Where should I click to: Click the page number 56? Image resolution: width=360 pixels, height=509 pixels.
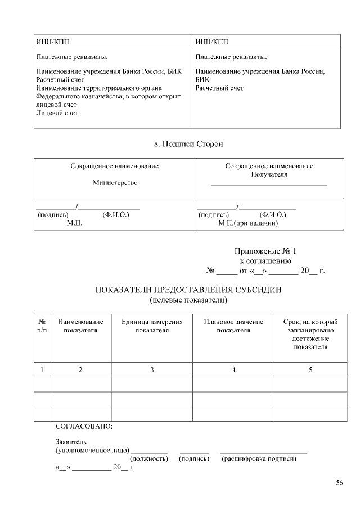[x=339, y=483]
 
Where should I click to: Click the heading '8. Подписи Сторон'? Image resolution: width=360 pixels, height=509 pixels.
[x=188, y=144]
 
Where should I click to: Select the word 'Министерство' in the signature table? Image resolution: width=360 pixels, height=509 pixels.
[x=115, y=183]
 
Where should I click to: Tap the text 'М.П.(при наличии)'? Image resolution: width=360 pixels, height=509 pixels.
[x=248, y=223]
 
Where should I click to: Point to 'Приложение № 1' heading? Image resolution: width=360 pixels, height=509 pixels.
[x=264, y=251]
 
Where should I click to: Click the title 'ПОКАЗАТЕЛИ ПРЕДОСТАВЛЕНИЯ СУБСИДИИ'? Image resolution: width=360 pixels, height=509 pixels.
[x=188, y=290]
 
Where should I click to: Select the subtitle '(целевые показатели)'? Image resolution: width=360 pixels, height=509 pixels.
[x=188, y=300]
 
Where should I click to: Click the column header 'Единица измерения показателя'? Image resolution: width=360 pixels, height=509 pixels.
[x=152, y=326]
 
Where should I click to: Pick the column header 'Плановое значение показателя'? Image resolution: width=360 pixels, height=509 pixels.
[x=233, y=326]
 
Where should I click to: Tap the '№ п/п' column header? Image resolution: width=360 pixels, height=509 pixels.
[x=42, y=326]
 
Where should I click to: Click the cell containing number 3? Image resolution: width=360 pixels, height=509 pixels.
[x=152, y=370]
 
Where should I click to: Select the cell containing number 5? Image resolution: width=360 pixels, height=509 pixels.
[x=310, y=370]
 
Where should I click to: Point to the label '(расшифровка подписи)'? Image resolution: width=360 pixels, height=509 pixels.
[x=259, y=459]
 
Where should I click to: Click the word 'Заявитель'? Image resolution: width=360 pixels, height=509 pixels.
[x=70, y=442]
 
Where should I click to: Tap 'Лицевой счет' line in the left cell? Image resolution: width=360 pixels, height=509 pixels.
[x=57, y=113]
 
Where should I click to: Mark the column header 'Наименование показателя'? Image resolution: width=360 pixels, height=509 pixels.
[x=80, y=326]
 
